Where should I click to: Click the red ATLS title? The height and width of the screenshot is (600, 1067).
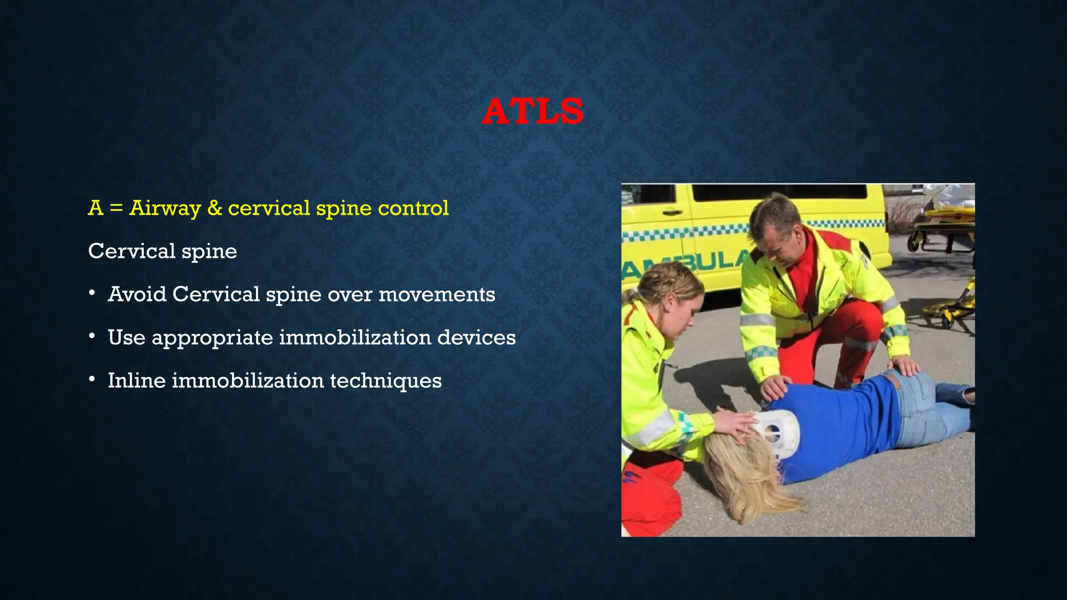(532, 111)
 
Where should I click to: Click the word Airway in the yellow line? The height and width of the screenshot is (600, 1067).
(165, 208)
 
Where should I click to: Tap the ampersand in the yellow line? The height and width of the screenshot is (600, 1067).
(214, 208)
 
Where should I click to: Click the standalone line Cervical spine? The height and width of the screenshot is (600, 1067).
(162, 251)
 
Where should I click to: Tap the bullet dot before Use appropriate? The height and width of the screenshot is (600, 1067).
(92, 336)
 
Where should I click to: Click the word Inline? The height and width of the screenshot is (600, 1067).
(137, 381)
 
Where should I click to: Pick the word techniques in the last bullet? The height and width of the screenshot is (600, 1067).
(386, 381)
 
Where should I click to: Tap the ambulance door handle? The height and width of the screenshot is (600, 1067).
(672, 213)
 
